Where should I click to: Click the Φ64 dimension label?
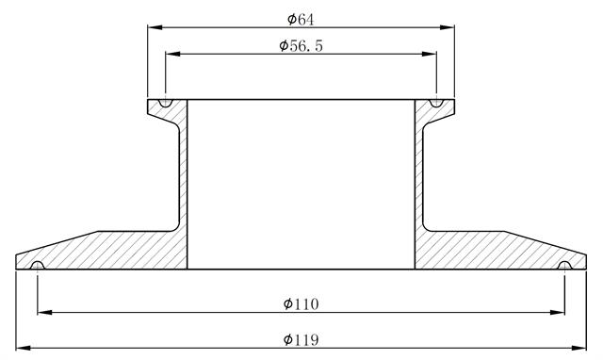click(301, 19)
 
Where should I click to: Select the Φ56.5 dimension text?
click(301, 45)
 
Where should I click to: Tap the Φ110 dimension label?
click(301, 303)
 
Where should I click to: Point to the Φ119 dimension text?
click(301, 339)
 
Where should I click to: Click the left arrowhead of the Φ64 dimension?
click(155, 27)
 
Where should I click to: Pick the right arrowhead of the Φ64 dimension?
click(447, 27)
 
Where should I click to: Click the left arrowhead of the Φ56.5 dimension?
click(173, 54)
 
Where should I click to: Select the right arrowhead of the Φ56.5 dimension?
click(430, 54)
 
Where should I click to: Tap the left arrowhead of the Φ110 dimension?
click(45, 312)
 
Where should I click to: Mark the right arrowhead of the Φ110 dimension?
click(557, 312)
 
